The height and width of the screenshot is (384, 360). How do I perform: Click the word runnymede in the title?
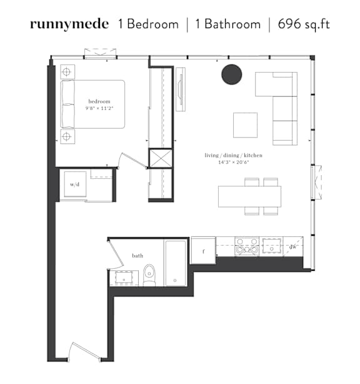[69, 24]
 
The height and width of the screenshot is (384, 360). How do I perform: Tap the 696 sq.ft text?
[304, 24]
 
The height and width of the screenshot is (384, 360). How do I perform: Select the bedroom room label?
[99, 101]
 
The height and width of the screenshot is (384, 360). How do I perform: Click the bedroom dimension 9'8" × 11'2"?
[99, 108]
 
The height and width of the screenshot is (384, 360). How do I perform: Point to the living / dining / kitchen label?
[234, 155]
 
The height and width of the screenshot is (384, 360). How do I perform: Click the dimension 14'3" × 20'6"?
[234, 162]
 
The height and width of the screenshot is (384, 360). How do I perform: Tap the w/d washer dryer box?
[75, 184]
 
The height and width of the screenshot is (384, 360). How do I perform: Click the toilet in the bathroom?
[149, 275]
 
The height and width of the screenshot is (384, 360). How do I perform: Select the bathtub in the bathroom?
[176, 263]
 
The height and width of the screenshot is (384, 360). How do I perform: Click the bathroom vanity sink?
[124, 278]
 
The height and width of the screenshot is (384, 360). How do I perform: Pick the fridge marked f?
[203, 250]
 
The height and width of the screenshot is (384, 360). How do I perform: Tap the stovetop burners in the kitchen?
[247, 246]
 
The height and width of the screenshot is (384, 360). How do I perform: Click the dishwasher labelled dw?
[293, 247]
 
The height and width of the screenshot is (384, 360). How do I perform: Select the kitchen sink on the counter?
[271, 246]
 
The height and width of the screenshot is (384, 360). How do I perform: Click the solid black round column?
[232, 74]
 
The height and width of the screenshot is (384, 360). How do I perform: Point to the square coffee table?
[245, 125]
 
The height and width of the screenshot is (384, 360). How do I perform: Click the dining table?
[249, 196]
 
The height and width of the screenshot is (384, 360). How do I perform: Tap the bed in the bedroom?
[92, 104]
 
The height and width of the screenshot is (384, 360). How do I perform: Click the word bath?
[137, 256]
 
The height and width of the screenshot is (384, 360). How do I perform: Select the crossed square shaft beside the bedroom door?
[161, 158]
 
